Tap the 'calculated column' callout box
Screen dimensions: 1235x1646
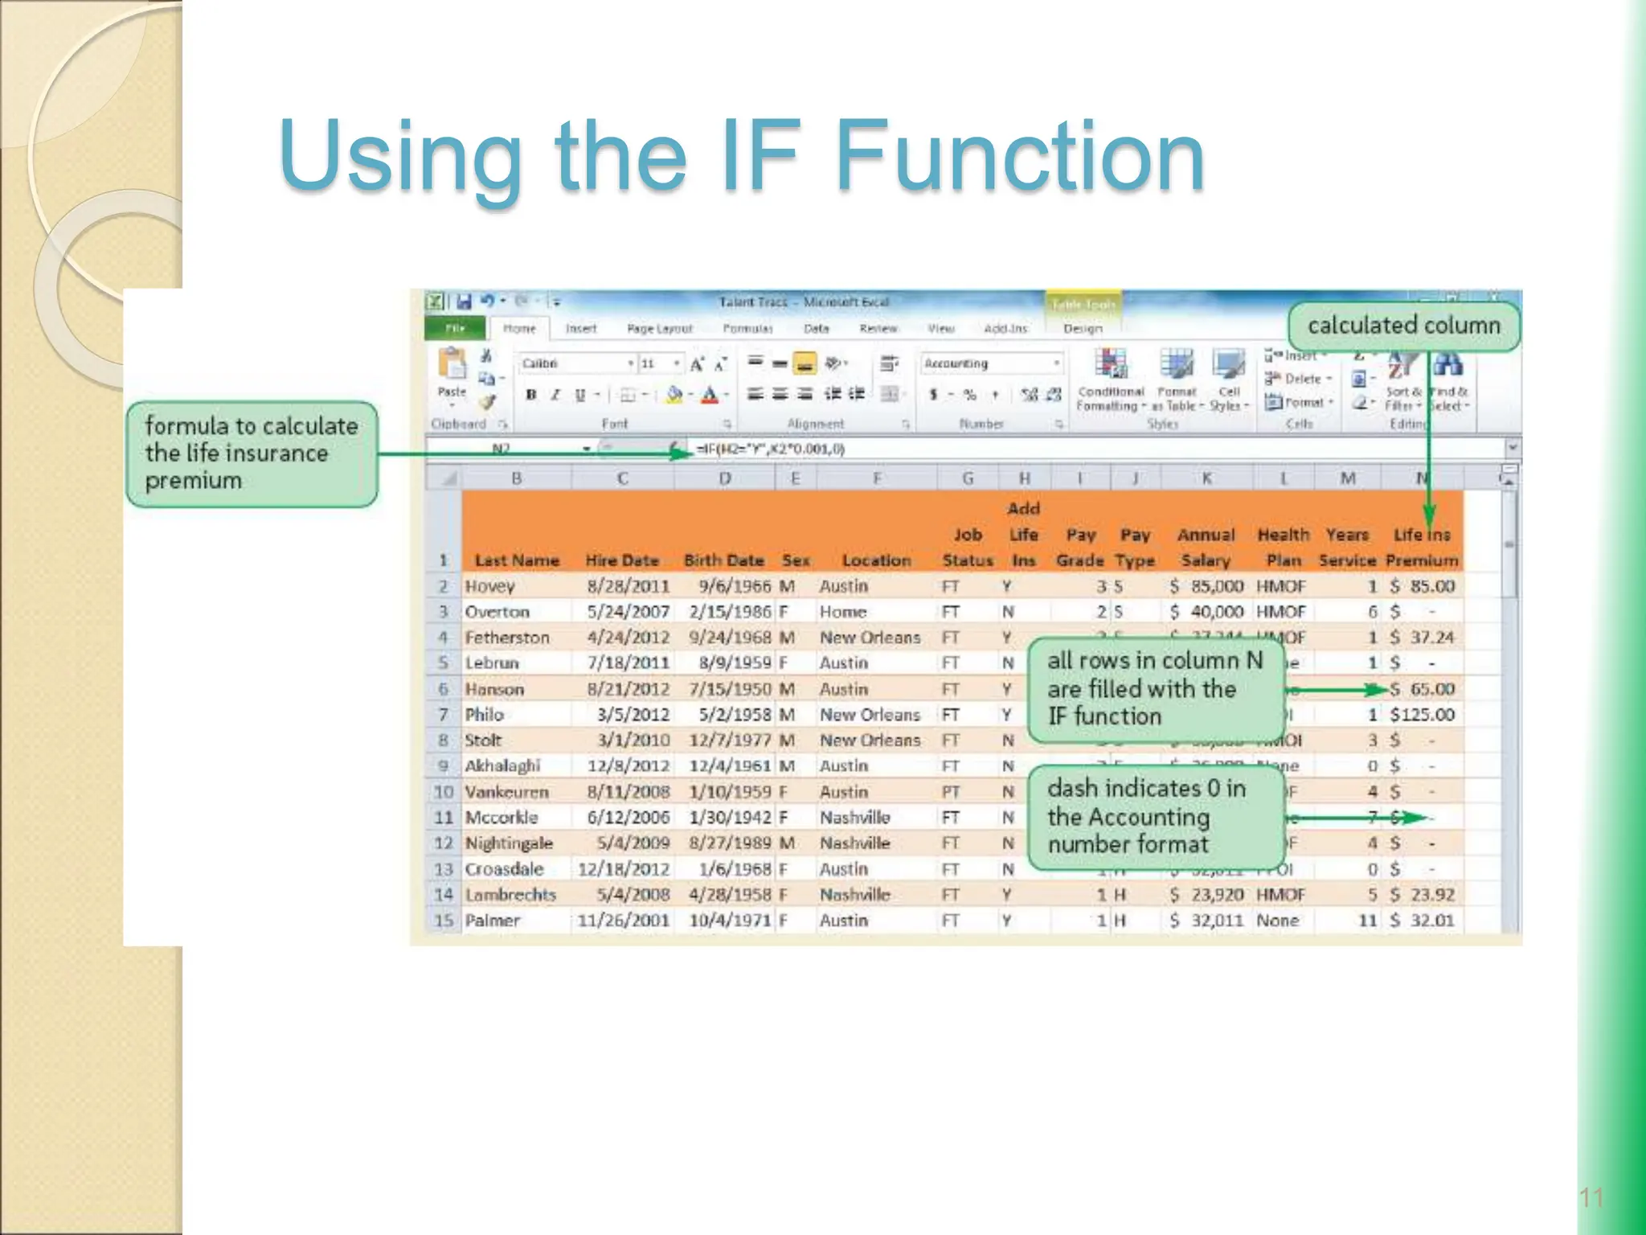coord(1403,326)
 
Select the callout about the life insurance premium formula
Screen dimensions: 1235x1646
coord(252,453)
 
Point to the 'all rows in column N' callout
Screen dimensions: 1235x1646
coord(1154,688)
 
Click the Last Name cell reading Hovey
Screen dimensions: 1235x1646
coord(489,586)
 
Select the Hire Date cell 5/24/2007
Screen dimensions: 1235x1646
coord(628,612)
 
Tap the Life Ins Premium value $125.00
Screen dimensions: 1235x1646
coord(1422,715)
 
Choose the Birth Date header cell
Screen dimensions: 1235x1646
coord(723,560)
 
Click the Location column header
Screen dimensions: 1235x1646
coord(876,560)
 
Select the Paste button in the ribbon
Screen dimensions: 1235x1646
coord(452,374)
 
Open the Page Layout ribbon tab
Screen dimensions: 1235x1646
coord(659,329)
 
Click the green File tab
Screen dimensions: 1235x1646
coord(455,329)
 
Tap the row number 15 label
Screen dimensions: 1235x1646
coord(444,921)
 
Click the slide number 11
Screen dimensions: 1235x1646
coord(1591,1198)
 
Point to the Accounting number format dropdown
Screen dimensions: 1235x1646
coord(992,364)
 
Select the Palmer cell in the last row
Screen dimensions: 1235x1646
coord(493,921)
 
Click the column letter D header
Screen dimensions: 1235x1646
coord(724,479)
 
